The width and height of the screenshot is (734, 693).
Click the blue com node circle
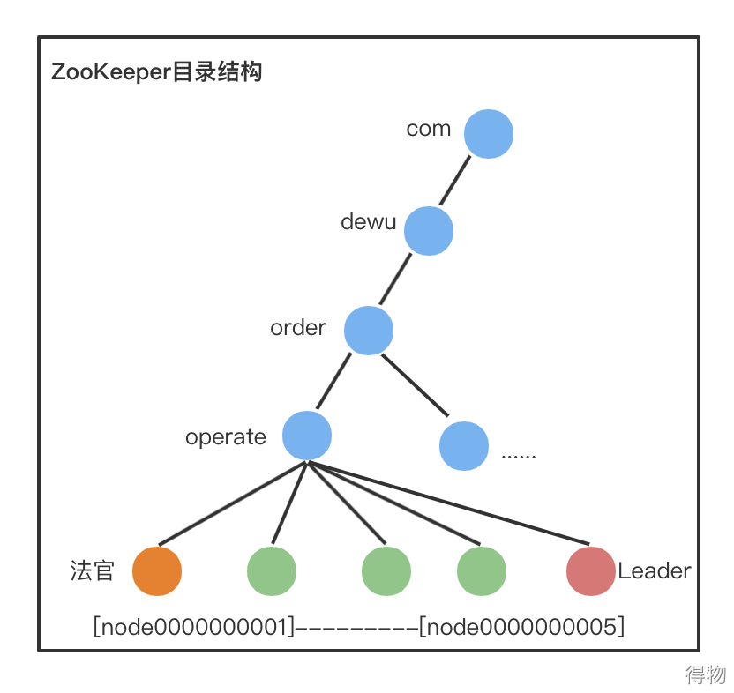tap(489, 134)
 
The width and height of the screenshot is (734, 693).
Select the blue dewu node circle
tap(429, 231)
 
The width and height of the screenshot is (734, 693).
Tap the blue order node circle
tap(368, 331)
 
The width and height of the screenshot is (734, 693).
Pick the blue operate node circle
tap(307, 436)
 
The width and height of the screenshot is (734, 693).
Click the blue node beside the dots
tap(464, 445)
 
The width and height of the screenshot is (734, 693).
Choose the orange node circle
tap(157, 570)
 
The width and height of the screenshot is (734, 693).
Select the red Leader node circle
tap(590, 570)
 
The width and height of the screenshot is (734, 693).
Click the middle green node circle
tap(386, 570)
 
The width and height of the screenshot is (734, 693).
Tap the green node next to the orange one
tap(272, 570)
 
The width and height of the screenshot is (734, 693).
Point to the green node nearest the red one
tap(482, 570)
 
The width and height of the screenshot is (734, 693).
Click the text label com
tap(429, 129)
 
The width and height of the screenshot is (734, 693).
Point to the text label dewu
tap(369, 222)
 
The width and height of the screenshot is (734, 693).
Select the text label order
tap(298, 328)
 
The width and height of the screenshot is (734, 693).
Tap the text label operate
tap(226, 437)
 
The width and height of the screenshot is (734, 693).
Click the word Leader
tap(655, 571)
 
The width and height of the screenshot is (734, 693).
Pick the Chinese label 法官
tap(93, 571)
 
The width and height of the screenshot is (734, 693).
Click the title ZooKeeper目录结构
tap(157, 72)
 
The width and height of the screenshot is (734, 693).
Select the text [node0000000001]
tap(193, 627)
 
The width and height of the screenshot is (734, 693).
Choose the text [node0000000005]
tap(522, 627)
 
